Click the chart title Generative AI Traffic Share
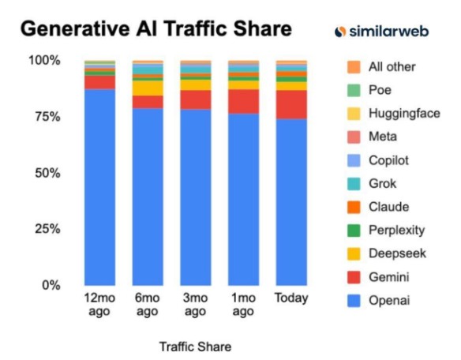tap(156, 29)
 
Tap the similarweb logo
tap(389, 31)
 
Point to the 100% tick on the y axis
tap(44, 61)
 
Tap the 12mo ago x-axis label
tap(99, 305)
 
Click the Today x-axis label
tap(291, 298)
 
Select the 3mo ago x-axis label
tap(195, 305)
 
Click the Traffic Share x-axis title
tap(195, 347)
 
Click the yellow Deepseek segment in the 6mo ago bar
tap(148, 88)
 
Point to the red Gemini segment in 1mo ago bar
tap(243, 101)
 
